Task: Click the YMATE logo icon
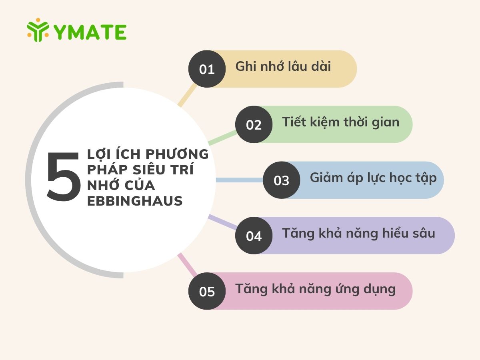coord(38,30)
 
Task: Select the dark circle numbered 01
coord(207,69)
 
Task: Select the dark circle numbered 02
coord(254,125)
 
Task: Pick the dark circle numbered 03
coord(281,180)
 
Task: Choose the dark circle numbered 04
coord(254,236)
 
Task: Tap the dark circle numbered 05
coord(207,291)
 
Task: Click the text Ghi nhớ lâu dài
coord(283,66)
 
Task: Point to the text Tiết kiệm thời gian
coord(340,122)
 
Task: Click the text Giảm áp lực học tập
coord(373,178)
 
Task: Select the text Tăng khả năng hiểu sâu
coord(358,233)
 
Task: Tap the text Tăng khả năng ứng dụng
coord(315,289)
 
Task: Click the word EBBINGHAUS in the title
coord(135,201)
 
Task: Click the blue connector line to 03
coord(239,180)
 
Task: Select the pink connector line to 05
coord(187,264)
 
